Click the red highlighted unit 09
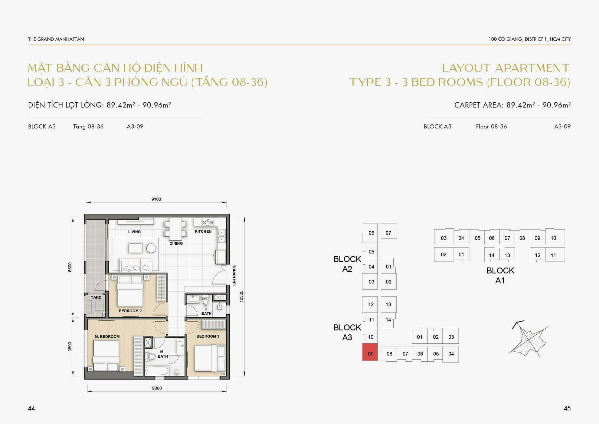click(370, 352)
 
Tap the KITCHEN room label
click(203, 232)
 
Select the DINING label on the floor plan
click(176, 243)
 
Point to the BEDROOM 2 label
click(130, 311)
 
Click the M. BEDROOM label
click(107, 336)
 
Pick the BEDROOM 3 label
click(208, 336)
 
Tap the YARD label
click(96, 297)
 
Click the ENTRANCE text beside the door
click(234, 275)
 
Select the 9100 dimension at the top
click(156, 199)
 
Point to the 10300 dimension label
click(241, 296)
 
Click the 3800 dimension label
click(70, 347)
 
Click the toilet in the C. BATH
click(206, 300)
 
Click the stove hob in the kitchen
click(208, 222)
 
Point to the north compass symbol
click(529, 339)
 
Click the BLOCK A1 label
click(500, 275)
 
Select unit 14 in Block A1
click(492, 255)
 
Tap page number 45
click(567, 408)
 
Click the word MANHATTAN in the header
click(74, 39)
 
